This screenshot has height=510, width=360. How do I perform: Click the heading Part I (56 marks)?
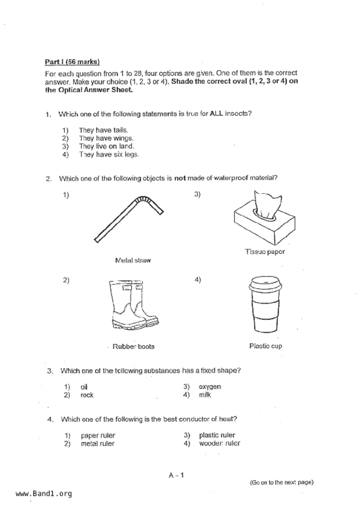click(72, 62)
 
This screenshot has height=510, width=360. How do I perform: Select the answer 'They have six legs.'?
click(109, 154)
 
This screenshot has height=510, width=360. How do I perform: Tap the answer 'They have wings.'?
click(106, 138)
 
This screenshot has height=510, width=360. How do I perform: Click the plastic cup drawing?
click(265, 305)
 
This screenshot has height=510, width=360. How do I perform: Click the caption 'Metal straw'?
click(133, 260)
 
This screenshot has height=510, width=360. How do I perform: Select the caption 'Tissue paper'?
click(265, 252)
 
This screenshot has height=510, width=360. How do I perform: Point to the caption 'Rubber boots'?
click(133, 347)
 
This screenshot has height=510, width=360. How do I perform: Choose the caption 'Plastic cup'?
click(266, 346)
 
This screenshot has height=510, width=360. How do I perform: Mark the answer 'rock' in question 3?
click(87, 395)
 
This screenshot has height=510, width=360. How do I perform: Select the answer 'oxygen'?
click(210, 387)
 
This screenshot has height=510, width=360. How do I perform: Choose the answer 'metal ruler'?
click(98, 443)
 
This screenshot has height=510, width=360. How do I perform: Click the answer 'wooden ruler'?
click(219, 443)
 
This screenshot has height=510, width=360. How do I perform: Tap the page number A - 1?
click(176, 475)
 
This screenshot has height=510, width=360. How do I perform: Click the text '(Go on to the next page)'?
click(282, 482)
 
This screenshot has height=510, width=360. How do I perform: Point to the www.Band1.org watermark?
click(44, 494)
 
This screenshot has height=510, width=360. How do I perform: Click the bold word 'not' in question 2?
click(180, 178)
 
